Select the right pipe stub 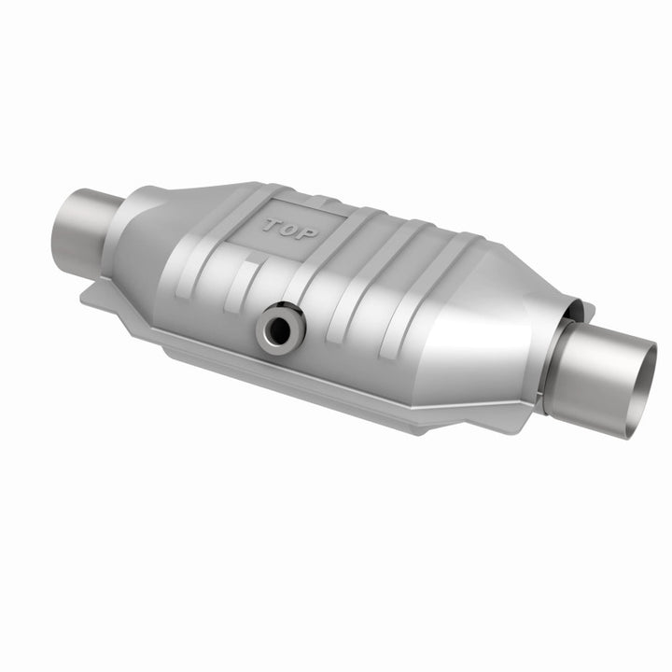coord(607,364)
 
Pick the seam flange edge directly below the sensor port coord(280,373)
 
